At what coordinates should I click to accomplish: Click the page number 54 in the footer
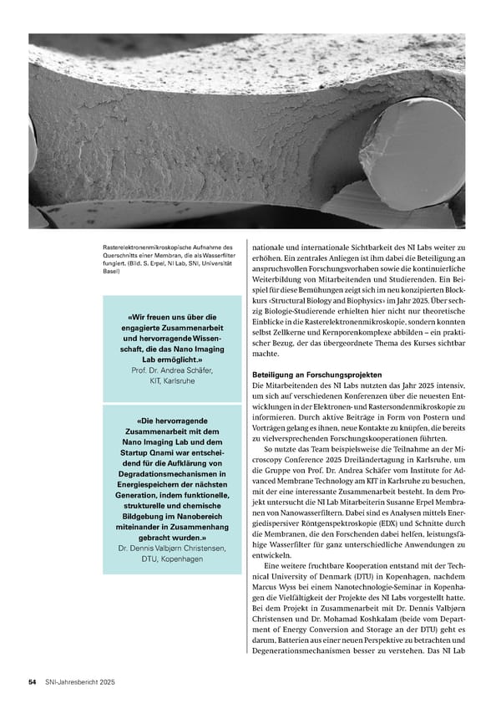tap(32, 682)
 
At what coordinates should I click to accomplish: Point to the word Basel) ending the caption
tap(112, 271)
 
